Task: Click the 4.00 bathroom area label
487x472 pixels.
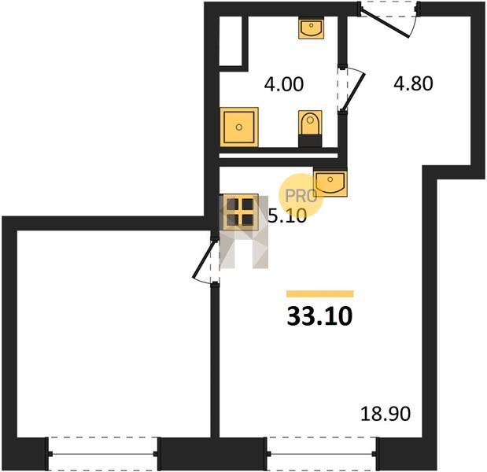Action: pos(283,84)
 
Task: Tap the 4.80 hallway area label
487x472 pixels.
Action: pos(413,84)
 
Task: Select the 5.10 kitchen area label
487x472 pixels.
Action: pos(287,216)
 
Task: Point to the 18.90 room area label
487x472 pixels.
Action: pos(386,414)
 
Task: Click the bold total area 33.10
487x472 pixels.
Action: pos(320,316)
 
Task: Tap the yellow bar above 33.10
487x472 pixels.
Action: pos(320,293)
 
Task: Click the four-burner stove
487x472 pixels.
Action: pos(239,212)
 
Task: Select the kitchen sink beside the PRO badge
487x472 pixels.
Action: pos(330,183)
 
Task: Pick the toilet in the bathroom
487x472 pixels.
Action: pos(310,129)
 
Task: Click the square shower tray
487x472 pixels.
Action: pos(239,127)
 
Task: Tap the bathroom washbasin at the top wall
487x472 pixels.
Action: pos(312,28)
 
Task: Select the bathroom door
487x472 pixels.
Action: pos(350,89)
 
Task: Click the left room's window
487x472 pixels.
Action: pos(103,454)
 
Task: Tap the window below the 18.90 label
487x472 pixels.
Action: pos(322,454)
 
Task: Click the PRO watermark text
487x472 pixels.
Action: pos(301,196)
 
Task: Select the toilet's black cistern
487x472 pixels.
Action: pos(310,141)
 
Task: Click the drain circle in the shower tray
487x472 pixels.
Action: pos(239,127)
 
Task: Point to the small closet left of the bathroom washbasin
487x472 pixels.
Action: pos(231,41)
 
